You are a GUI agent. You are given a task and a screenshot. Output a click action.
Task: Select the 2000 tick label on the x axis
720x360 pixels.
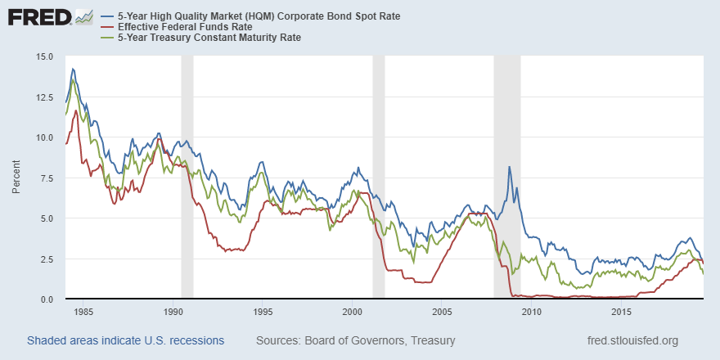click(353, 312)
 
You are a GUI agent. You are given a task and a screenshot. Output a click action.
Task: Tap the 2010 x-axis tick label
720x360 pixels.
click(532, 312)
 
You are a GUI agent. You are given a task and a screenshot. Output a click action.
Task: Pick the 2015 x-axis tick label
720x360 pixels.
click(621, 312)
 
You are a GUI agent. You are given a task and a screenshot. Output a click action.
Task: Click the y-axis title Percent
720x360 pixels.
click(16, 178)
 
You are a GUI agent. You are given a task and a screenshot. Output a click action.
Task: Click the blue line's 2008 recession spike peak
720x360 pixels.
click(510, 167)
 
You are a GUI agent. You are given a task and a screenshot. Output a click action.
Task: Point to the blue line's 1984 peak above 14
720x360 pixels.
click(73, 69)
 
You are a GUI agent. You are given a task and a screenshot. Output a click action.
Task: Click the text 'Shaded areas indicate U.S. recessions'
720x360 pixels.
click(125, 340)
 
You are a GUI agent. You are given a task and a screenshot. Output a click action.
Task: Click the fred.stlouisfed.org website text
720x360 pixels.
click(632, 340)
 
